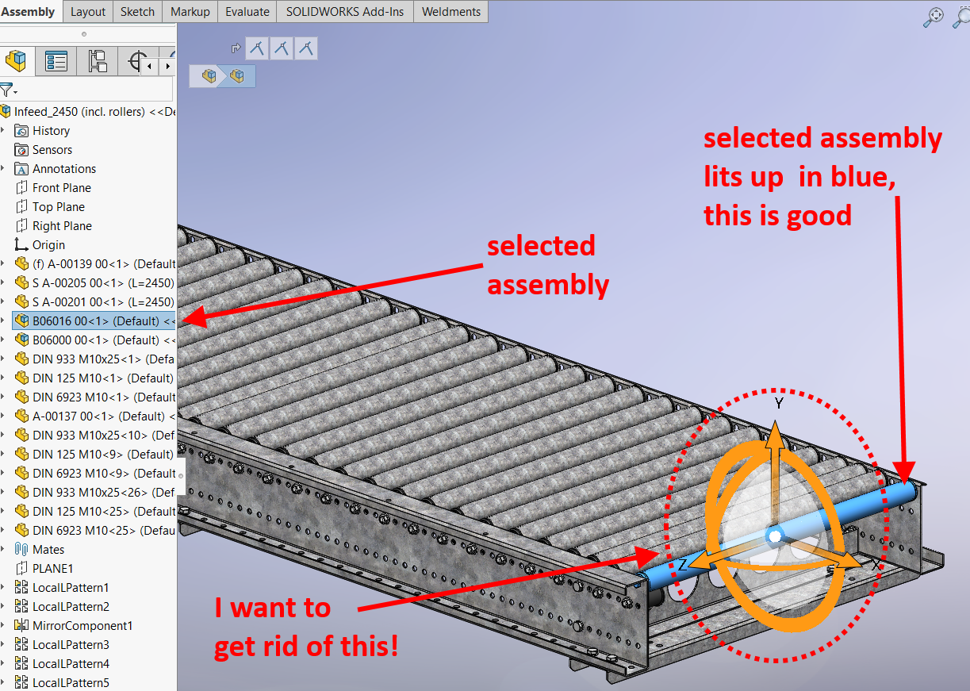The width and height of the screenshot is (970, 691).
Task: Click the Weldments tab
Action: pos(450,12)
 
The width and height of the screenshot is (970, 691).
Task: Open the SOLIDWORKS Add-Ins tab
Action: pos(343,12)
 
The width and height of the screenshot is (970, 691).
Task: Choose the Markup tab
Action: pos(190,12)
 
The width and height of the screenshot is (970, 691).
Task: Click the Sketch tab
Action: pos(137,12)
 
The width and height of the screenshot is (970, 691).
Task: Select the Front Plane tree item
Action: pos(61,188)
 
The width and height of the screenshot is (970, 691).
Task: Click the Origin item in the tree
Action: pos(48,245)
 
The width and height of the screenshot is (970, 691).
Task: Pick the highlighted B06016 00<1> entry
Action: pos(95,321)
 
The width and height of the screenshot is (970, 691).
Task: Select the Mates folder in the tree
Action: pos(48,550)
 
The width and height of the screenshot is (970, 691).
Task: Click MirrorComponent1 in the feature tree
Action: pos(82,626)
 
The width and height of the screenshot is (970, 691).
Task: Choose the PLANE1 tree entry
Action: pos(52,569)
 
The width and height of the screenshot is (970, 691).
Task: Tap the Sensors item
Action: pos(52,150)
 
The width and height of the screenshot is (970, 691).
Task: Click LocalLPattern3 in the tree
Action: pos(71,645)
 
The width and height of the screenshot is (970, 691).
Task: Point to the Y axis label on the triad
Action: pos(779,404)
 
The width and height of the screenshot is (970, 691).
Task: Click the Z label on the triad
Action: pos(681,565)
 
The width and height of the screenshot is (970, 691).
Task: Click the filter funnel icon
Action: pos(6,90)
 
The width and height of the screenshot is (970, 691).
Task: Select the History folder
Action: pos(51,131)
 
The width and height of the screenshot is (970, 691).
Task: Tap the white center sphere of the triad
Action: pos(774,538)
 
